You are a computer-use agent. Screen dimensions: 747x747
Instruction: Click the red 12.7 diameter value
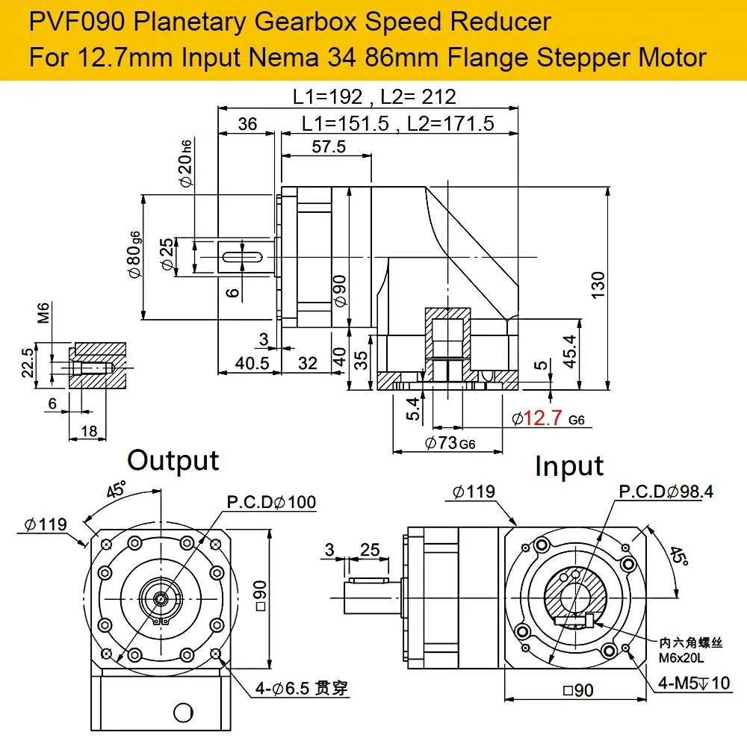(x=543, y=418)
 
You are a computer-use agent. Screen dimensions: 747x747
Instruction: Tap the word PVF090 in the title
(x=77, y=22)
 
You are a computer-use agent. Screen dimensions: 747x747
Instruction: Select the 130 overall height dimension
(x=598, y=285)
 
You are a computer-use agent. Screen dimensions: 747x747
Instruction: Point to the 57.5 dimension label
(x=329, y=146)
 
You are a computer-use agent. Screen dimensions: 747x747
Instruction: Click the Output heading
(x=173, y=461)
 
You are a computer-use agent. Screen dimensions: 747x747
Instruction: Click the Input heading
(x=569, y=466)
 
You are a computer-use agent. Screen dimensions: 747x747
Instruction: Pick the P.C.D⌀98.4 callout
(x=666, y=492)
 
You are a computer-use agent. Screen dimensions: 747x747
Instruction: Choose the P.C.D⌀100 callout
(x=271, y=502)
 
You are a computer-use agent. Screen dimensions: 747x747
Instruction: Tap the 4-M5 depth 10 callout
(x=694, y=684)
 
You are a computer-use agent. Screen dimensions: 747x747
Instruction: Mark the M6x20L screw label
(x=681, y=658)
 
